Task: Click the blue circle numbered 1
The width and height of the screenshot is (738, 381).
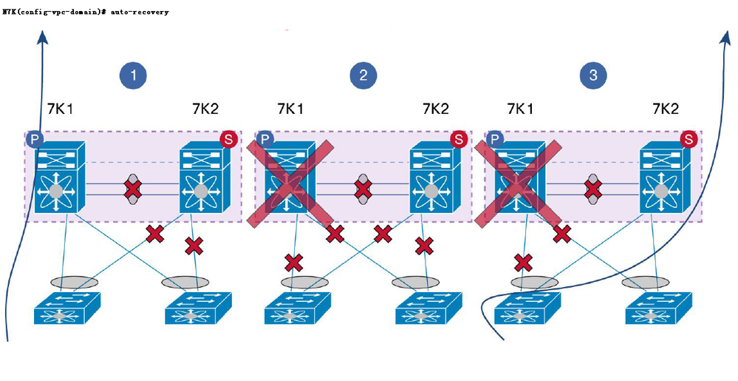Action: coord(134,75)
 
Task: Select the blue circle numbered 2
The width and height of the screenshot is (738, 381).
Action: coord(363,75)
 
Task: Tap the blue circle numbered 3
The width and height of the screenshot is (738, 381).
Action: coord(593,75)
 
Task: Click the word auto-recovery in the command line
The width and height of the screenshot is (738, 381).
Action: coord(140,12)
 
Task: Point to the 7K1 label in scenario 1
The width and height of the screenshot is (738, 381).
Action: coord(58,109)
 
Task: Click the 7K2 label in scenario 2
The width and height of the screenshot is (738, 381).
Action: coord(435,109)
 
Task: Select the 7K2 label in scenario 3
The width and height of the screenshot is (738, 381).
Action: coord(665,109)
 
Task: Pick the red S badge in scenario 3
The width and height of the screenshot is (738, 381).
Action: coord(689,139)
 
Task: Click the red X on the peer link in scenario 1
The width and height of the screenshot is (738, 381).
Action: coord(133,189)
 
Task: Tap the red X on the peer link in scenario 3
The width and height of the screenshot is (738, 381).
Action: coord(592,189)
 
